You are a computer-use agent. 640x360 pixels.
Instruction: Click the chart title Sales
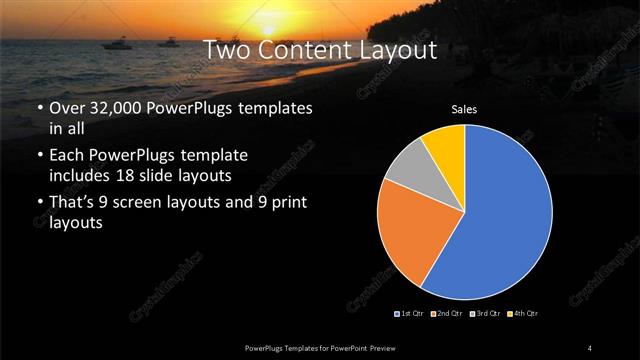coord(463,108)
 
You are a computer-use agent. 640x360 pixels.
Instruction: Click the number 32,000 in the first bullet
coord(117,107)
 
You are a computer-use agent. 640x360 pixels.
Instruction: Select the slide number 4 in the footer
coord(590,347)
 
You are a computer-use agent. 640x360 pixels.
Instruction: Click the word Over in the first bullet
coord(68,107)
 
